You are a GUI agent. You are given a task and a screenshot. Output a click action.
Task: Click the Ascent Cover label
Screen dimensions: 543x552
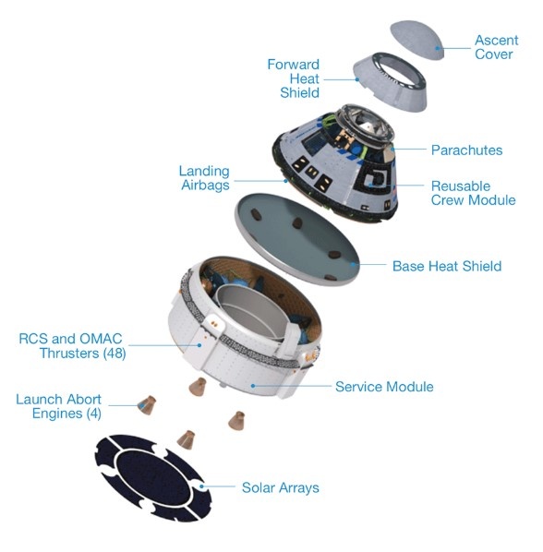click(497, 47)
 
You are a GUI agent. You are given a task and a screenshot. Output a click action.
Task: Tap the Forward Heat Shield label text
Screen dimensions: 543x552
click(294, 78)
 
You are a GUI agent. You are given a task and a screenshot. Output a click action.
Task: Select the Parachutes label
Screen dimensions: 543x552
click(466, 150)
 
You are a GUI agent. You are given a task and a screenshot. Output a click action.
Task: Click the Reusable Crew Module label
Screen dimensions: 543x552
click(473, 193)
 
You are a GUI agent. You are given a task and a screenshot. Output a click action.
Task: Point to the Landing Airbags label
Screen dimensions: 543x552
click(204, 178)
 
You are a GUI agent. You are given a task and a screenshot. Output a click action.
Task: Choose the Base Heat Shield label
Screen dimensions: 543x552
click(447, 266)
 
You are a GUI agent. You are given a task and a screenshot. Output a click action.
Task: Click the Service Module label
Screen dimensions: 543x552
click(384, 387)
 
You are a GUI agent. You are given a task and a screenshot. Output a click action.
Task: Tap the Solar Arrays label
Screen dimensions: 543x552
click(281, 488)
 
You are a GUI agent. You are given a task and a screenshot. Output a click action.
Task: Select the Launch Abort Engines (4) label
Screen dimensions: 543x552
click(59, 406)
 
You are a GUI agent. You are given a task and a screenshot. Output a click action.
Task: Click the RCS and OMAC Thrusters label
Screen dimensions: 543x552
click(72, 346)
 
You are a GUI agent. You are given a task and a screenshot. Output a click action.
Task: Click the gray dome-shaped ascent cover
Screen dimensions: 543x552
click(417, 40)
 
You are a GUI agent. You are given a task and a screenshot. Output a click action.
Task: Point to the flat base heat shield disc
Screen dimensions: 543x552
click(296, 239)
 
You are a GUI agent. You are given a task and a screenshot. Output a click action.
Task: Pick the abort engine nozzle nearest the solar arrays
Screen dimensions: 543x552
click(186, 439)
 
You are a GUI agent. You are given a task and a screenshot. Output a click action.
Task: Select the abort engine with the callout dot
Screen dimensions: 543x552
click(147, 405)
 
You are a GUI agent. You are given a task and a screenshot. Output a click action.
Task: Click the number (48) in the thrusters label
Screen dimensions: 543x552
click(115, 354)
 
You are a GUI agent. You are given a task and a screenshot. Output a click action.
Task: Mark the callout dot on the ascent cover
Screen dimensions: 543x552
click(438, 48)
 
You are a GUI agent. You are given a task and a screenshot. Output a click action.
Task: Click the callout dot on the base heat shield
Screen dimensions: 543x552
click(353, 264)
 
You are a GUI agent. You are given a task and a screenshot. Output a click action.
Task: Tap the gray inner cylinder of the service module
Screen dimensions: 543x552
click(247, 310)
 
